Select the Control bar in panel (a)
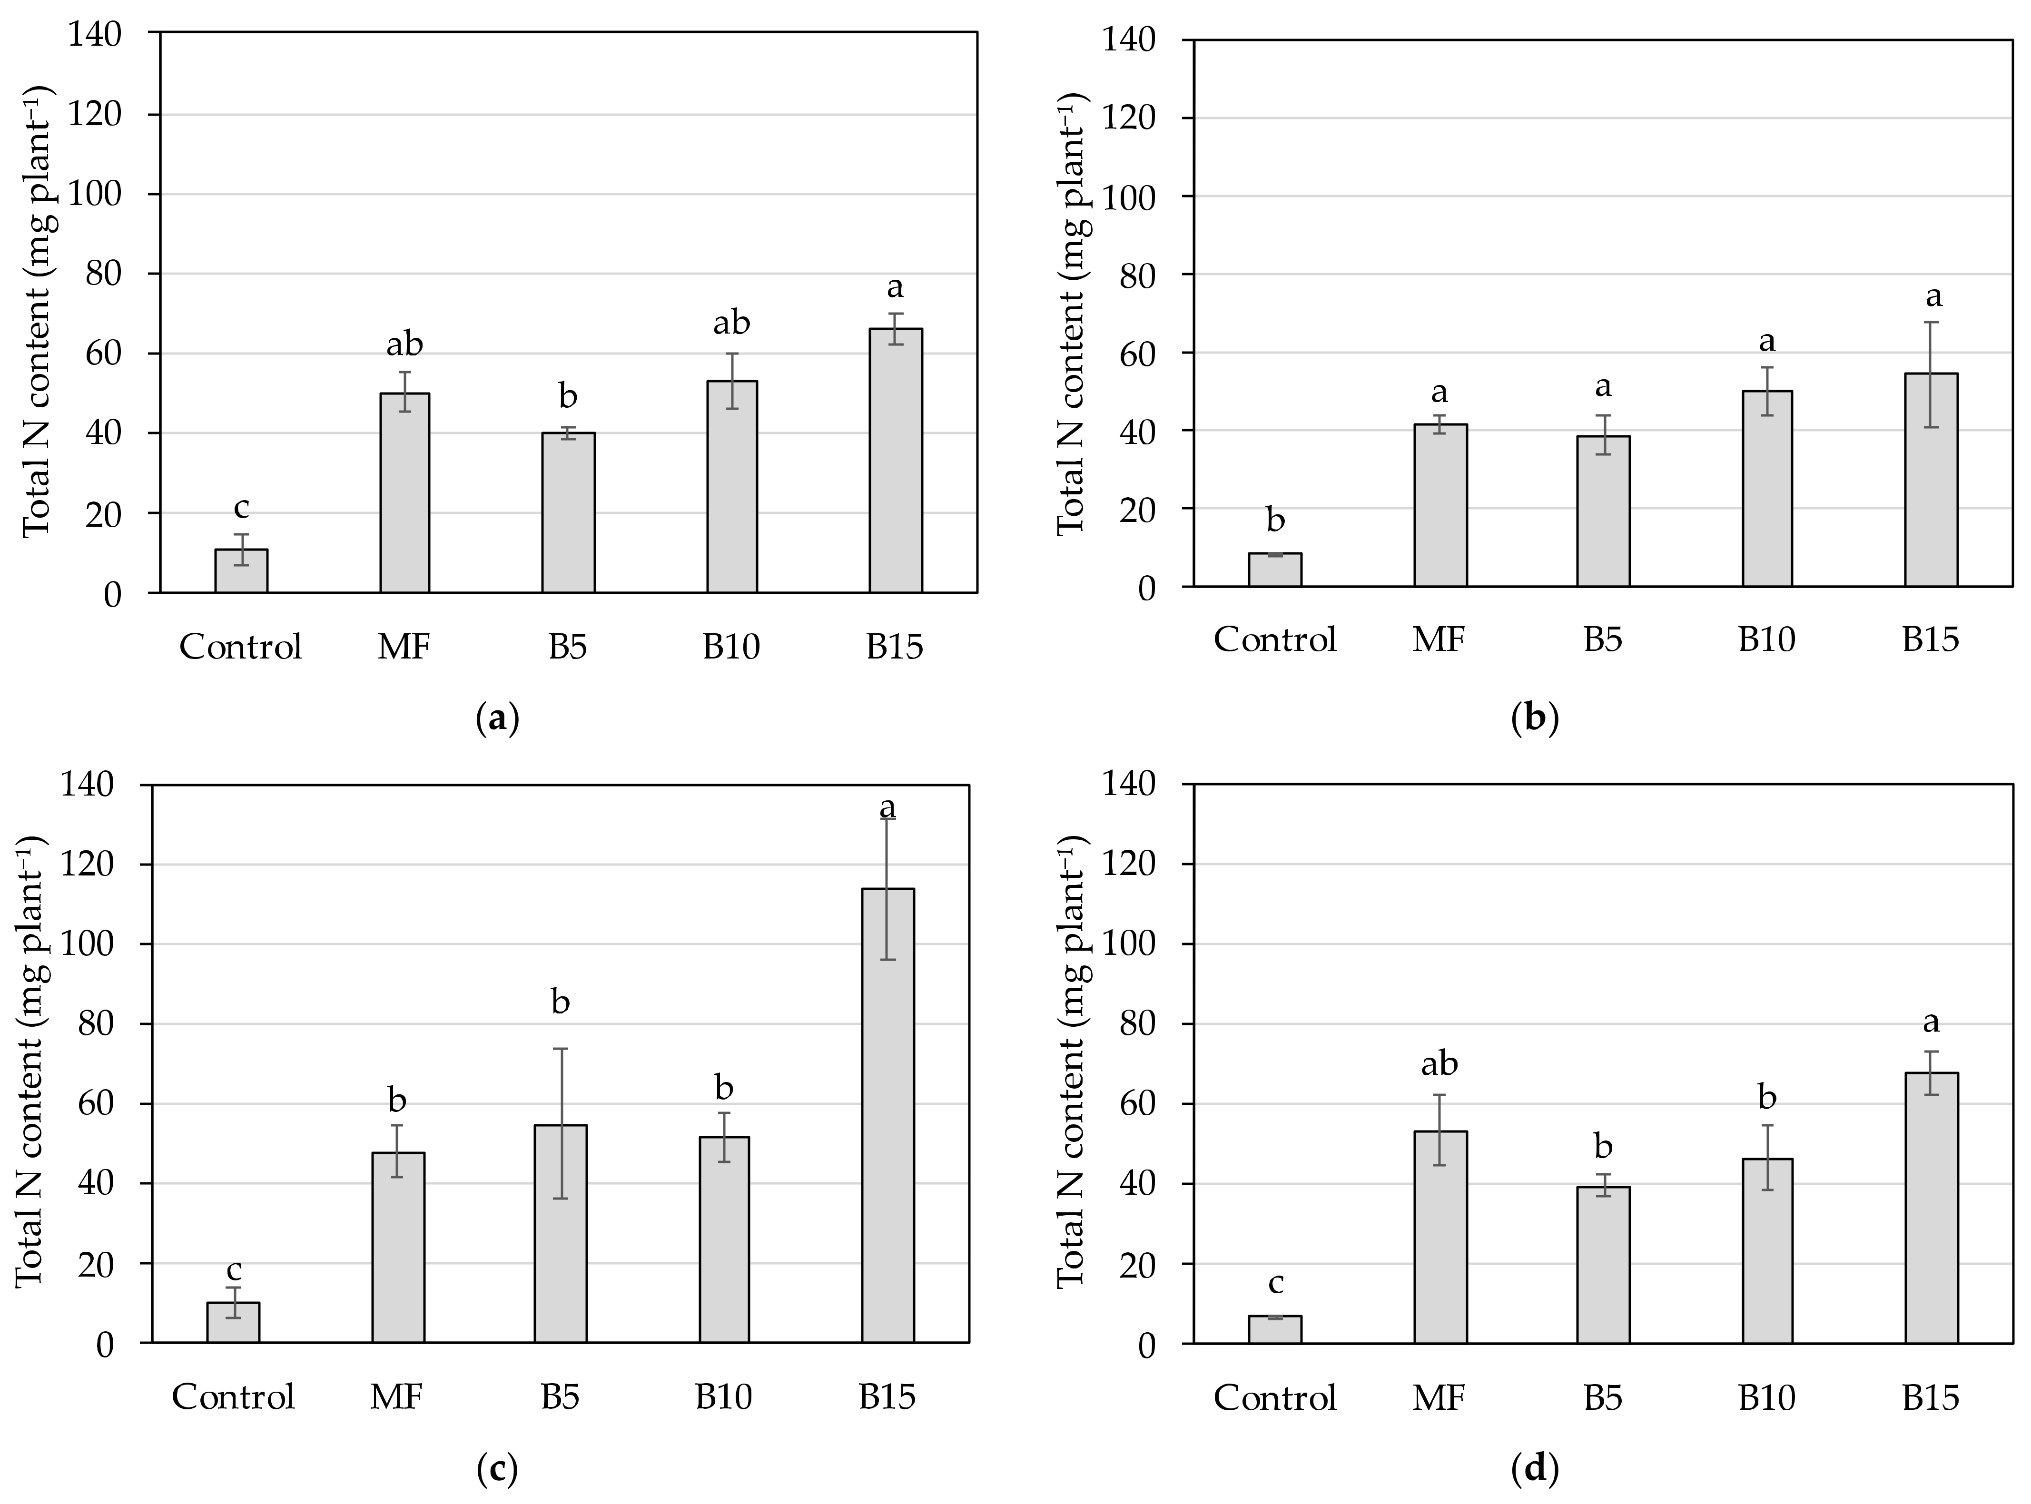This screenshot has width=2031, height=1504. pyautogui.click(x=241, y=571)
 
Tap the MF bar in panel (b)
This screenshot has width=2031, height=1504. pyautogui.click(x=1439, y=505)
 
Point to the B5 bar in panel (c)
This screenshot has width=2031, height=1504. pyautogui.click(x=560, y=1234)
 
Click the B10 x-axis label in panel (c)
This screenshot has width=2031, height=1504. pyautogui.click(x=724, y=1396)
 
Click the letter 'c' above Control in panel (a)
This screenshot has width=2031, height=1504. pyautogui.click(x=241, y=507)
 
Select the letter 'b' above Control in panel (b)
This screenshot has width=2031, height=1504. pyautogui.click(x=1275, y=520)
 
